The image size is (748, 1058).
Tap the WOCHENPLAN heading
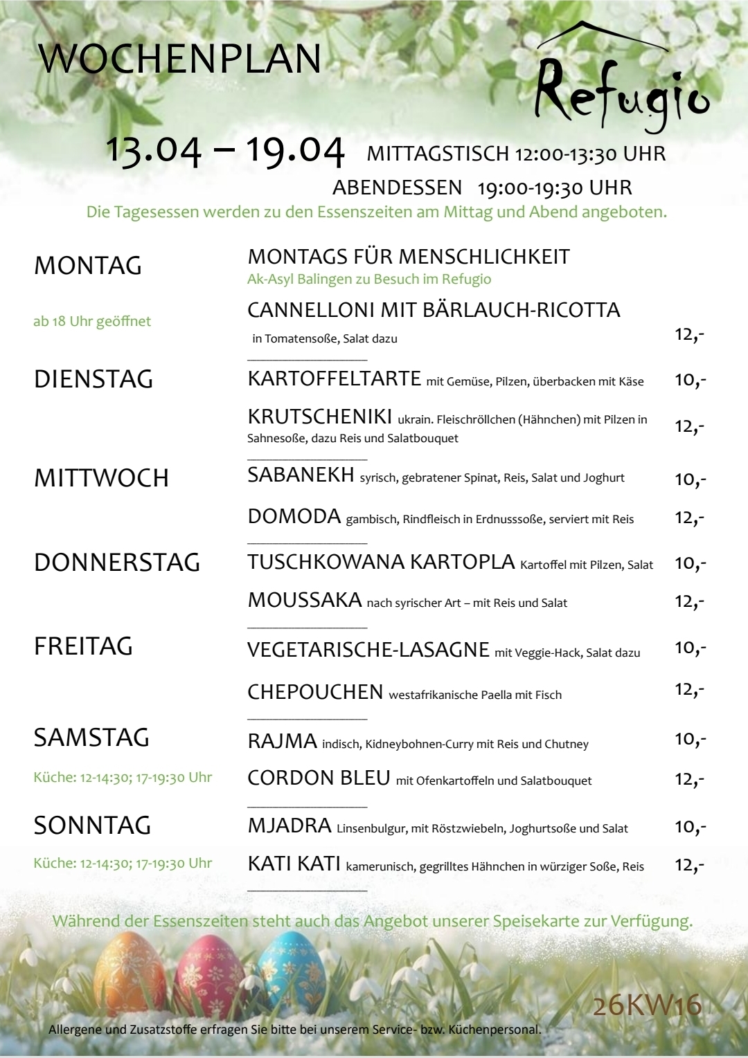(180, 59)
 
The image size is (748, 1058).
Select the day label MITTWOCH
(101, 478)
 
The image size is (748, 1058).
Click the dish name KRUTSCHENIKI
(320, 417)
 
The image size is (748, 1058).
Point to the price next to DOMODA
(689, 518)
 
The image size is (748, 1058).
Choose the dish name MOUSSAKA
(305, 600)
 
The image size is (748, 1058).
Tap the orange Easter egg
(130, 976)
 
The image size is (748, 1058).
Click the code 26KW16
(647, 1005)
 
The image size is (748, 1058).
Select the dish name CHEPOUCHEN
(315, 692)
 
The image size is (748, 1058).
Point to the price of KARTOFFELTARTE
(690, 380)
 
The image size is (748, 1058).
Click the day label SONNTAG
(92, 826)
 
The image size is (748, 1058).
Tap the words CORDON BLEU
(319, 778)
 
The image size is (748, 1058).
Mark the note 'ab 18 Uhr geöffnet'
(92, 321)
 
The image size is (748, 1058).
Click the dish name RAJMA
(282, 741)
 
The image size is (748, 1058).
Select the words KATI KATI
(294, 864)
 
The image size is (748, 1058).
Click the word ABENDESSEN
(397, 188)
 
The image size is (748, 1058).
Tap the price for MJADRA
(690, 827)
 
